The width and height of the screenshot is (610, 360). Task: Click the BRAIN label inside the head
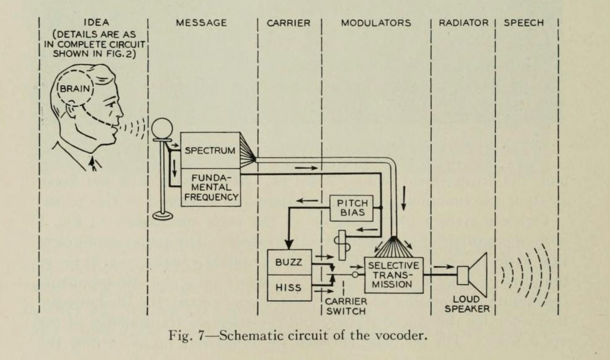pos(75,88)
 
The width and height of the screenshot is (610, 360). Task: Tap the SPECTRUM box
pos(210,150)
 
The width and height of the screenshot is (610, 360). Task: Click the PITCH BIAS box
pos(352,208)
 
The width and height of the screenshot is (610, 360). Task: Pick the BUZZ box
pos(289,262)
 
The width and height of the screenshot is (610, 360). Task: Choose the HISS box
pos(289,288)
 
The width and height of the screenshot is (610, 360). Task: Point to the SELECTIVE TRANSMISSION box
pos(393,275)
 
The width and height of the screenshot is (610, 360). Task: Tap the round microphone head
pos(161,129)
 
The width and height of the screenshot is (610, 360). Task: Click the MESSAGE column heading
pos(201,23)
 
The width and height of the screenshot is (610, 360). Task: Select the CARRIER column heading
pos(288,23)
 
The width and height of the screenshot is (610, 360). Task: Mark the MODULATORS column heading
pos(376,23)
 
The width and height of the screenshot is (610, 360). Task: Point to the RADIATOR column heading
pos(463,23)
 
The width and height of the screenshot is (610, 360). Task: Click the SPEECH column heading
pos(524,23)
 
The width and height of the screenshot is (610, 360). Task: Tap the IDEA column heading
pos(96,22)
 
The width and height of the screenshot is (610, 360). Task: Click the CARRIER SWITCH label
pos(346,306)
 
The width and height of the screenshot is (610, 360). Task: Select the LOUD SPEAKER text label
pos(467,304)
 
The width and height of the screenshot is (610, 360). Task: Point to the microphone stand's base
pos(163,215)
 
